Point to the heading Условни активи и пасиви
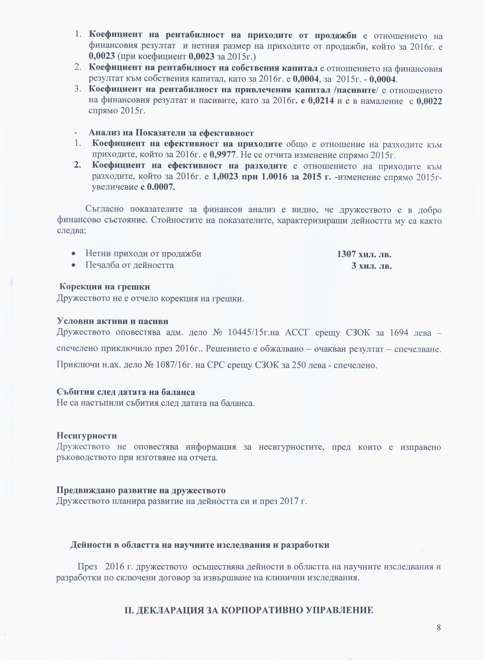[112, 321]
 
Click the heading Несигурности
[87, 435]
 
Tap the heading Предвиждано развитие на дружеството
[141, 490]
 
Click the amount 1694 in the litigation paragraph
[399, 333]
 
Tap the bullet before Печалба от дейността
[75, 265]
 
